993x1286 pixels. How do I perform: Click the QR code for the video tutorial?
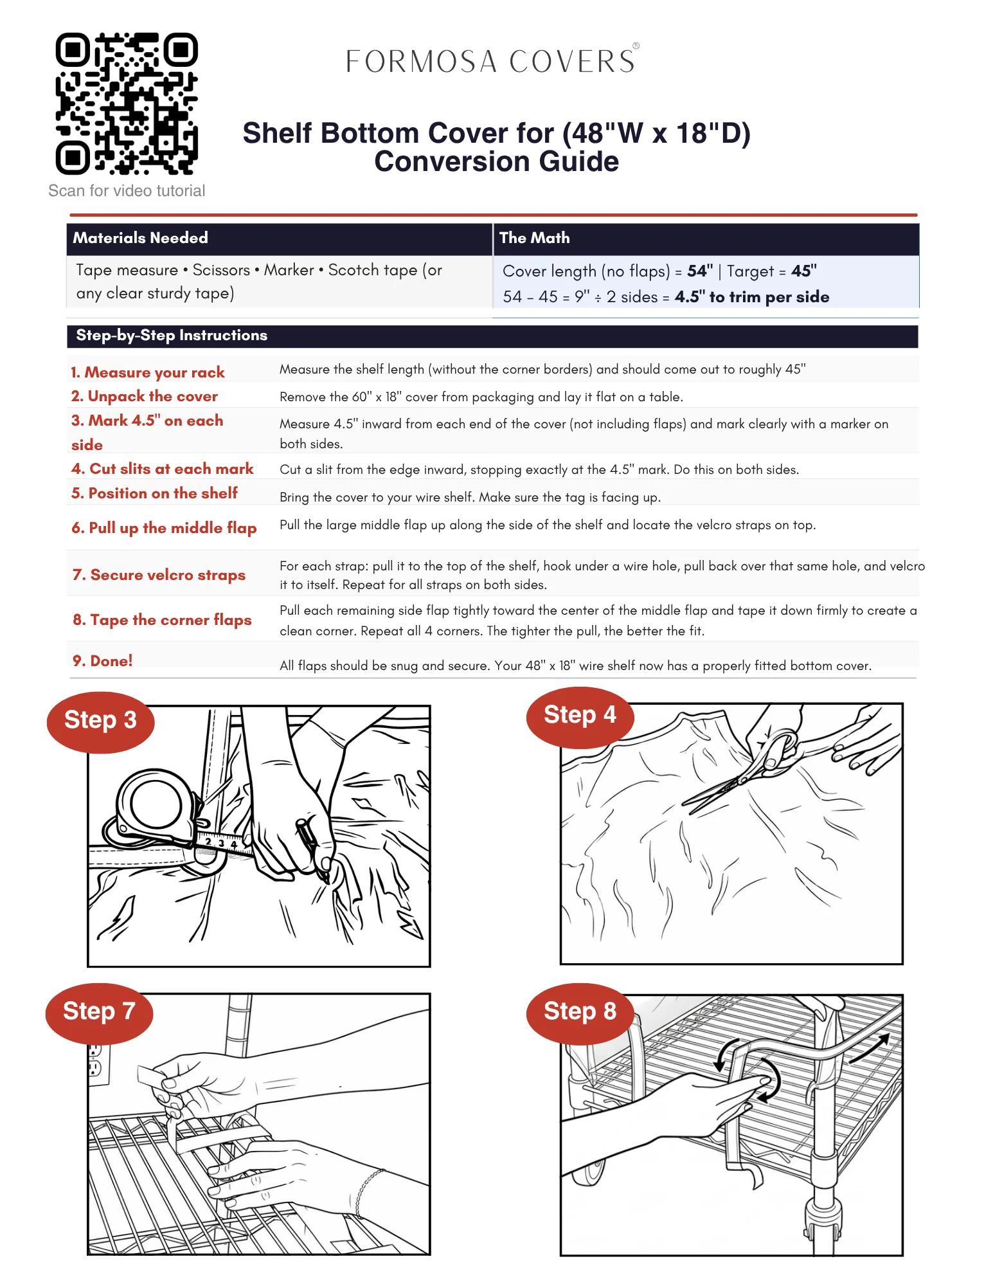(127, 104)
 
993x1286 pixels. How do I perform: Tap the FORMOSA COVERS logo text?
(492, 61)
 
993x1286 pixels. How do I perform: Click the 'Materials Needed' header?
(140, 238)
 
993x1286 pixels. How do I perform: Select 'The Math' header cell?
(534, 238)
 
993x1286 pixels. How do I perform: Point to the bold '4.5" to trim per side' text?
(752, 297)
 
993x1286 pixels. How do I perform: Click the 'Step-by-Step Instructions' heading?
(172, 336)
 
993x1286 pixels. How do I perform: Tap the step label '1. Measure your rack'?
(148, 372)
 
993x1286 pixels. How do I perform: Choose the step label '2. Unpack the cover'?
(145, 396)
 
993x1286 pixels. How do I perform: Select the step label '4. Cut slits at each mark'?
(163, 469)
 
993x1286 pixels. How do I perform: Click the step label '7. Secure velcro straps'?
(159, 575)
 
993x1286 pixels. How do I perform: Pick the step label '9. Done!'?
(103, 661)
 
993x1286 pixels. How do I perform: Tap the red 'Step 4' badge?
(580, 717)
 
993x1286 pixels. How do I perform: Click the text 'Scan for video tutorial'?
(127, 191)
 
